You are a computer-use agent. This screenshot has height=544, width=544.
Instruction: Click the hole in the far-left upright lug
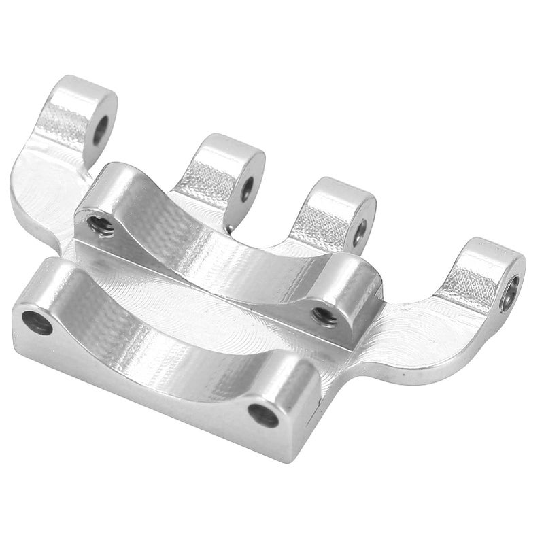coord(101,129)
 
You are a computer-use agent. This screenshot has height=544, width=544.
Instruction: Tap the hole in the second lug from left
coord(247,188)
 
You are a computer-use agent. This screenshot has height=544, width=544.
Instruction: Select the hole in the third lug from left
coord(360,231)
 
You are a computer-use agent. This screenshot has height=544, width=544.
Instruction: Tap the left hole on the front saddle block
coord(37,322)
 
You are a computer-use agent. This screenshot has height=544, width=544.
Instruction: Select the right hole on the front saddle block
coord(263,414)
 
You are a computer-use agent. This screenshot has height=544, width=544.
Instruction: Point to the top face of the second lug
coord(231,148)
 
